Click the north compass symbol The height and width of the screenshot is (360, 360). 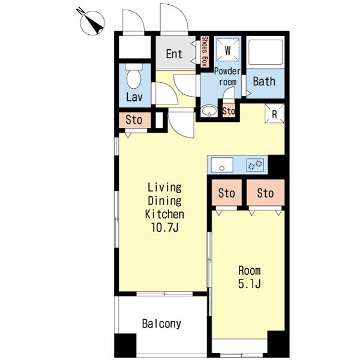click(x=93, y=23)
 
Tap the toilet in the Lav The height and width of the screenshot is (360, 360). click(x=134, y=76)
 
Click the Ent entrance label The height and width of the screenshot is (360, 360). click(x=174, y=54)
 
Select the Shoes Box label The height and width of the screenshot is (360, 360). click(x=205, y=52)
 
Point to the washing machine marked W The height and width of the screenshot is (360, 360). click(x=227, y=50)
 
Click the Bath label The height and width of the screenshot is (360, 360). click(x=264, y=82)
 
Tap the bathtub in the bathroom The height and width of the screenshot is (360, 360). click(x=265, y=53)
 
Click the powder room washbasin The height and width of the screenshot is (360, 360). click(x=209, y=110)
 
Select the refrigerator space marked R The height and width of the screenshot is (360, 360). click(x=275, y=113)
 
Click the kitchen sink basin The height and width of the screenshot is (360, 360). click(x=222, y=165)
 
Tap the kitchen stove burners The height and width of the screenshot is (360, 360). click(x=255, y=165)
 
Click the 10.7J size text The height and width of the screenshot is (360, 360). click(x=164, y=227)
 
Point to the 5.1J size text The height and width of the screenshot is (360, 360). click(x=250, y=284)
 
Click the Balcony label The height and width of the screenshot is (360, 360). click(x=161, y=324)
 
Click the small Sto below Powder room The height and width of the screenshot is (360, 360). click(x=229, y=111)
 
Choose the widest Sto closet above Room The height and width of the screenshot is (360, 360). click(x=266, y=193)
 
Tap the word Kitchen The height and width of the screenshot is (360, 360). click(x=164, y=214)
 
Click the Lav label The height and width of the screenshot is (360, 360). click(x=134, y=97)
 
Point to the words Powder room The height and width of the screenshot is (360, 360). click(x=227, y=77)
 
